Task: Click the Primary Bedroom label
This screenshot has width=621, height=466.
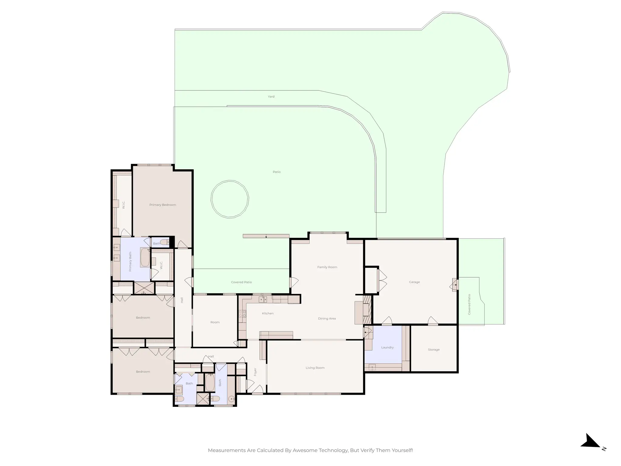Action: [163, 205]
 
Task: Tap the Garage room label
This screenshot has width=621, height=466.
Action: [414, 282]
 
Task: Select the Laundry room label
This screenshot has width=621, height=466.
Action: [387, 347]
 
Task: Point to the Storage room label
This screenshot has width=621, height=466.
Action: [434, 349]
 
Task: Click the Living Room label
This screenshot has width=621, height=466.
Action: [315, 368]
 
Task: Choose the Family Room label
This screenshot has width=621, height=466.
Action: [327, 267]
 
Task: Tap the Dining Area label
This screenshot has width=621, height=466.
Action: [327, 319]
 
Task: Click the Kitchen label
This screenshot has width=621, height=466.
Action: [268, 313]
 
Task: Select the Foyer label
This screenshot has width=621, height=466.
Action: [255, 372]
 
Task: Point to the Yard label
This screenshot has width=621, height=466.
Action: [271, 96]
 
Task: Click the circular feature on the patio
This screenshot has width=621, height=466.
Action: [230, 199]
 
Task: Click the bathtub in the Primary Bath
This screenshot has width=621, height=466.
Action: [145, 257]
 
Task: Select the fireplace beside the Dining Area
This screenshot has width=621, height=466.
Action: [367, 313]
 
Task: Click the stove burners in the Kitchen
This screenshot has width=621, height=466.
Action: [242, 314]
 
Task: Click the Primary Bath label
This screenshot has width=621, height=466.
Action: [130, 262]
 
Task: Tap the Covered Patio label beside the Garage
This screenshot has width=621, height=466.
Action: [469, 304]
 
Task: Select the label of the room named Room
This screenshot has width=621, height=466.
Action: [215, 322]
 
